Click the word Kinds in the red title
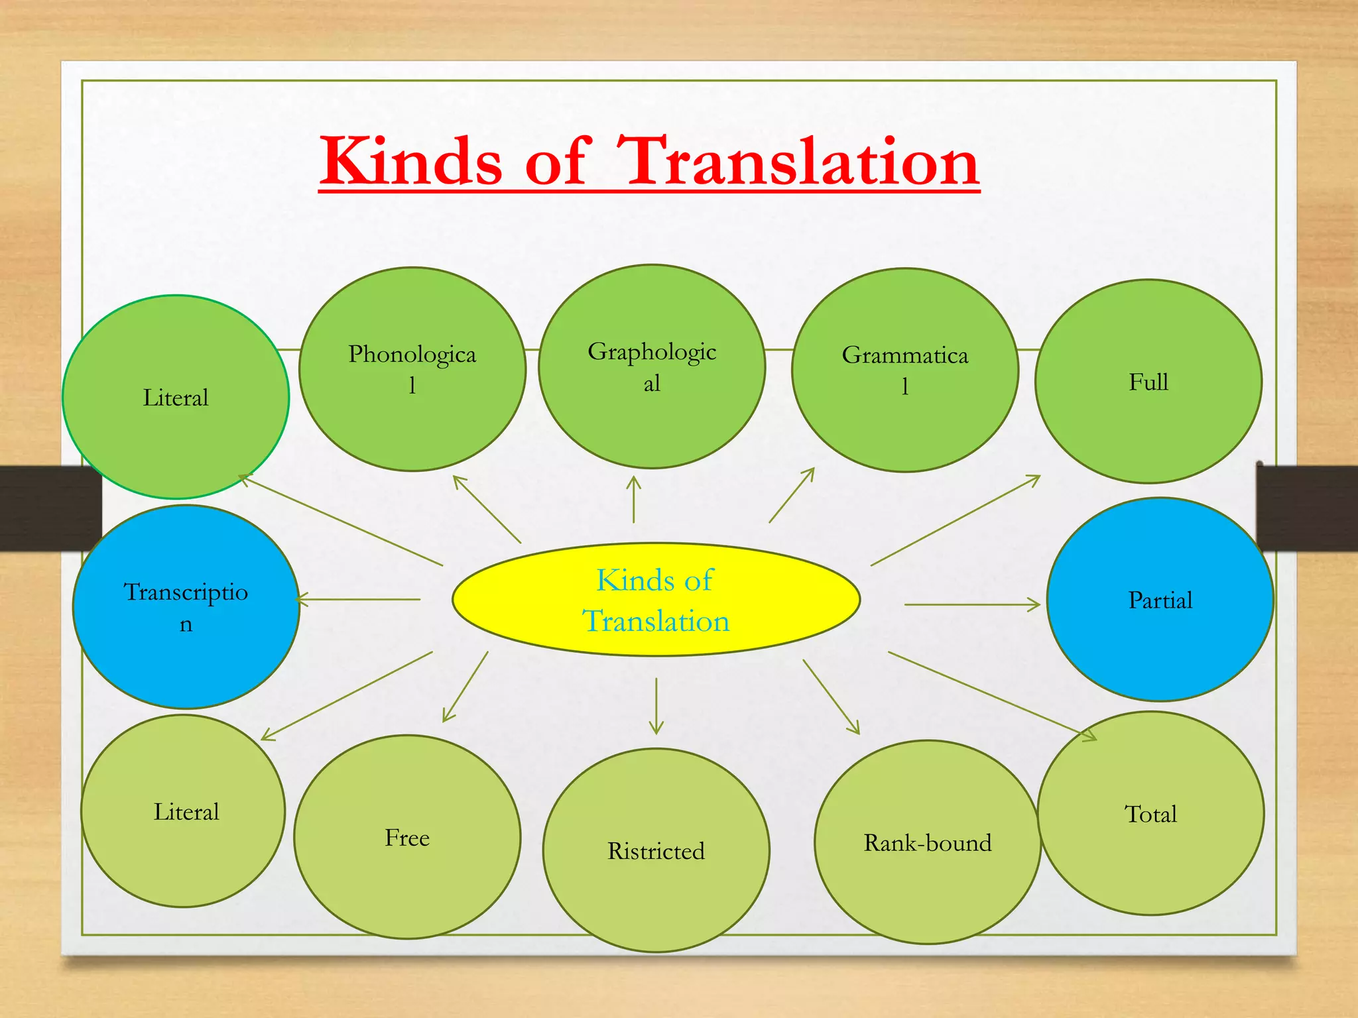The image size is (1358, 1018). (411, 161)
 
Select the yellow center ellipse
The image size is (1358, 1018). (656, 600)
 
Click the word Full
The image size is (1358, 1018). (1148, 382)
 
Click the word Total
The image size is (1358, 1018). (1150, 814)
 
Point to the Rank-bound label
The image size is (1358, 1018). (927, 843)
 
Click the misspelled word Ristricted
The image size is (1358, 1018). (656, 851)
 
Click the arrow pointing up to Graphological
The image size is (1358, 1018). (634, 500)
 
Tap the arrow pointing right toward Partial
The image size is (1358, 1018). (971, 604)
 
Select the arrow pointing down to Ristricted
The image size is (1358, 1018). (656, 706)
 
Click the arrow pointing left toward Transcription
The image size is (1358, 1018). (359, 599)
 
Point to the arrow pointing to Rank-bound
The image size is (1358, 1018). (831, 697)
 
